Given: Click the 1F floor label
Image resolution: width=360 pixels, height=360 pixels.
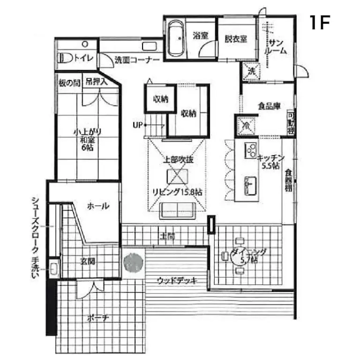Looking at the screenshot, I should click(x=320, y=22).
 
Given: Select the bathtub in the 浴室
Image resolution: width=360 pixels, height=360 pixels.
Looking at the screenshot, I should click(x=176, y=38).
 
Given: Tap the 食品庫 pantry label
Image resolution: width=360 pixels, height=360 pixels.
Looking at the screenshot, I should click(x=269, y=106).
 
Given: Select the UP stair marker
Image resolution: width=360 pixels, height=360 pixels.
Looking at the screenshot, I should click(x=137, y=125).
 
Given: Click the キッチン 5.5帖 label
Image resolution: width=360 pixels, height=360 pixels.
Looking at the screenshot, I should click(x=268, y=162).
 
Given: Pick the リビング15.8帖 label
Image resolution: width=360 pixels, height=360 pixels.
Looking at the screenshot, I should click(x=177, y=192).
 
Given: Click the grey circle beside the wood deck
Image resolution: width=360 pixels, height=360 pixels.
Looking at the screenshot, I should click(x=133, y=262).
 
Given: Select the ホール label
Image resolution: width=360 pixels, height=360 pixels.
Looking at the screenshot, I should click(x=98, y=206).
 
